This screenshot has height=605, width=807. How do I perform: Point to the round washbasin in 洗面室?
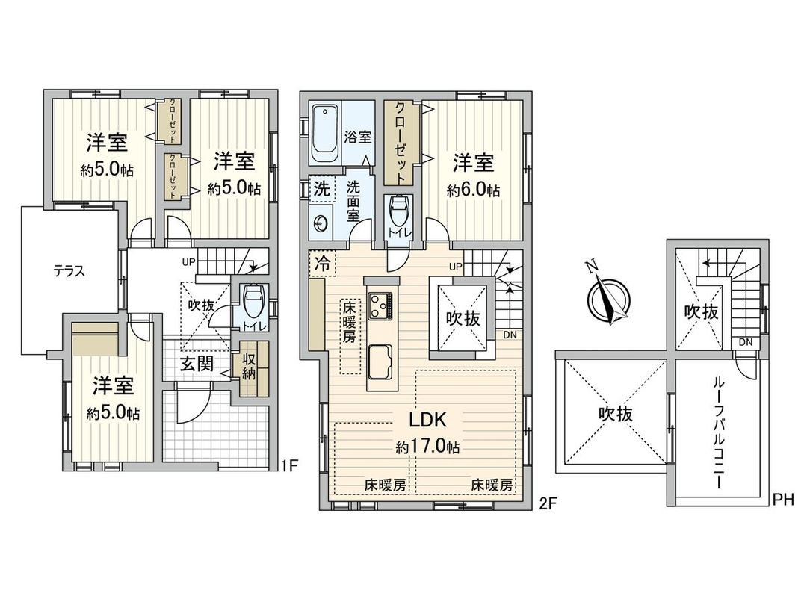(x=323, y=223)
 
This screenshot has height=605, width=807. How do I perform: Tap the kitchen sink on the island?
(x=383, y=361)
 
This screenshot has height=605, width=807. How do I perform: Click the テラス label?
(x=69, y=272)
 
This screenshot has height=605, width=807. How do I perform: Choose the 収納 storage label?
(x=248, y=367)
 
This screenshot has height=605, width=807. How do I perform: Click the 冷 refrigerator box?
(x=322, y=263)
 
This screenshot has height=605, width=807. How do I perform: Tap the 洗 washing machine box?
(x=321, y=189)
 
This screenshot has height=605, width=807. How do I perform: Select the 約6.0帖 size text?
(x=473, y=190)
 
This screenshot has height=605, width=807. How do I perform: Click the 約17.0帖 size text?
(x=427, y=447)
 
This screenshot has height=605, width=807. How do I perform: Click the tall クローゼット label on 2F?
(x=401, y=142)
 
